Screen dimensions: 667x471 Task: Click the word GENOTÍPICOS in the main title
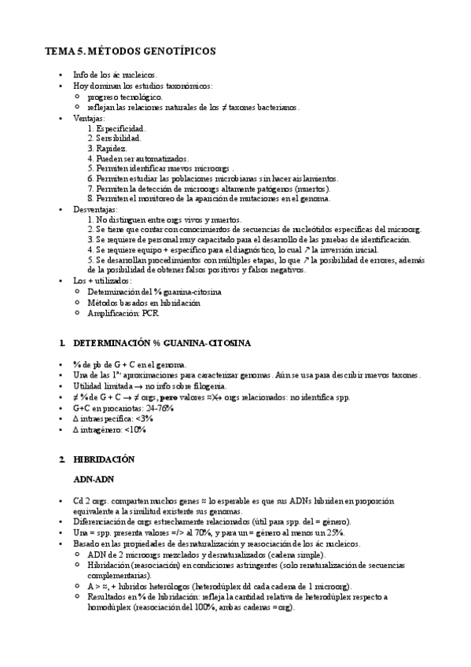click(x=173, y=51)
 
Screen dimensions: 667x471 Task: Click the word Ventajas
click(x=89, y=117)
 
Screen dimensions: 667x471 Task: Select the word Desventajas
click(x=95, y=210)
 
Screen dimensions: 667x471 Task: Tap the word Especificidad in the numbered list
click(x=120, y=127)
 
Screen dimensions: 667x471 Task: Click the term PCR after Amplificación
click(x=151, y=312)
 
